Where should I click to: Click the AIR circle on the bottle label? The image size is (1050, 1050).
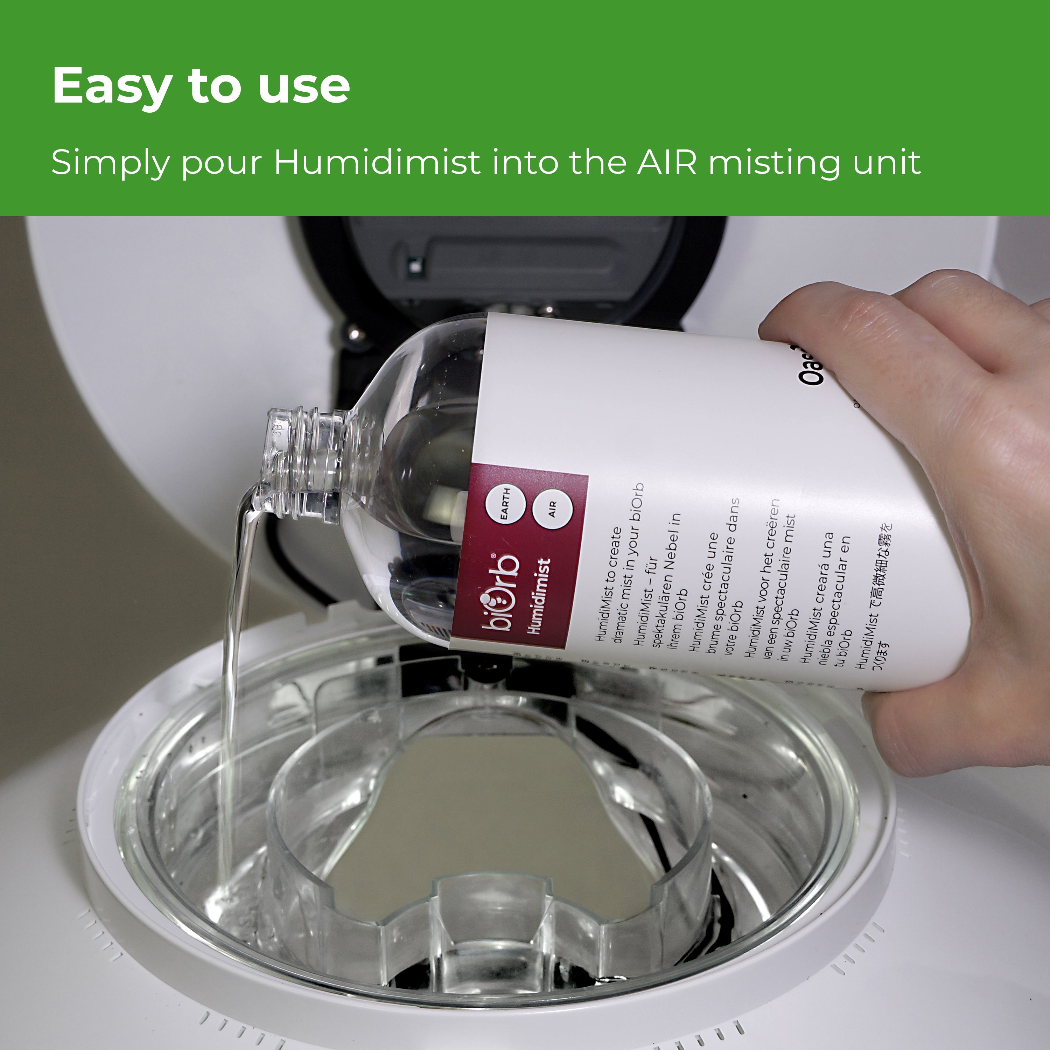pyautogui.click(x=553, y=510)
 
